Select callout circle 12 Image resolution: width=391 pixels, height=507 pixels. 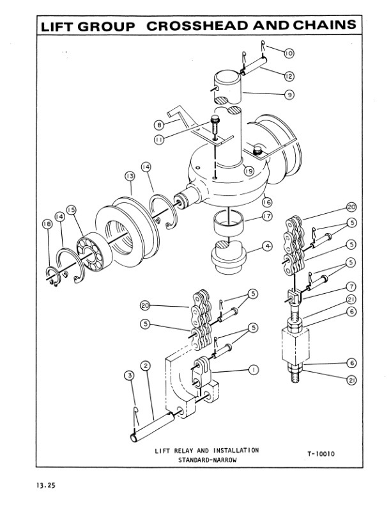tap(288, 76)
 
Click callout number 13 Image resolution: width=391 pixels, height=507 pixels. tap(129, 175)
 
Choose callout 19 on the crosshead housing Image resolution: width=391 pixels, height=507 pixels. tap(249, 171)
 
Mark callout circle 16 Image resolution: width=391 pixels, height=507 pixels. tap(266, 201)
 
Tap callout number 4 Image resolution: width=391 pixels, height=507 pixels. tap(266, 245)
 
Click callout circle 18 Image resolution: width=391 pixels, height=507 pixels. tap(46, 223)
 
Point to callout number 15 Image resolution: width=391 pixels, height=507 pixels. tap(71, 209)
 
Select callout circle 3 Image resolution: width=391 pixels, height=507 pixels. tap(130, 375)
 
